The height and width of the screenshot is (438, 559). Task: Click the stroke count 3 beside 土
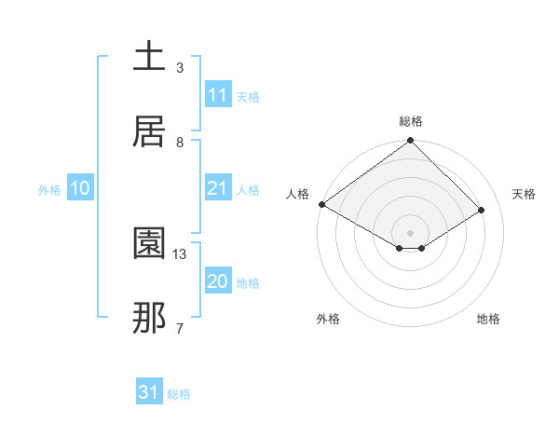(180, 68)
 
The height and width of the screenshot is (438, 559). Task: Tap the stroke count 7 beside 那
(180, 328)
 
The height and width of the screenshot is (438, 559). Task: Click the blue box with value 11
(218, 95)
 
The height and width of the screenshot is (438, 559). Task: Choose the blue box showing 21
(218, 188)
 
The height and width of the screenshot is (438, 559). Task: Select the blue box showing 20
(218, 281)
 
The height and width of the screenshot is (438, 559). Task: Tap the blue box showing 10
(80, 188)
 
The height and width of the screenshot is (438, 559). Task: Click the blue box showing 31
(149, 392)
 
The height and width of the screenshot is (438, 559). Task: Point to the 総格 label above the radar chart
(410, 121)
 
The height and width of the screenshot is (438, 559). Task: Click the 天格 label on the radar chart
(524, 194)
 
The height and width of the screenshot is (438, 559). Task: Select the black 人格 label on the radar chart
(297, 194)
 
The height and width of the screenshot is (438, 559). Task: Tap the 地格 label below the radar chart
(488, 319)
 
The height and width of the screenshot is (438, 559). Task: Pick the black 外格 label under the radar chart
(328, 319)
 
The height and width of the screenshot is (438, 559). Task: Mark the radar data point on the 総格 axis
(410, 141)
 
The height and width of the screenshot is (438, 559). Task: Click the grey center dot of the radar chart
(410, 232)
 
